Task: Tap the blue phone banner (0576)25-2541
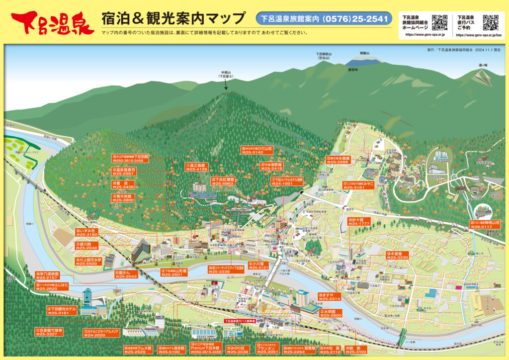[324, 19]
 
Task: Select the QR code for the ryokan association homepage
[440, 22]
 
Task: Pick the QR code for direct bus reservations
[491, 22]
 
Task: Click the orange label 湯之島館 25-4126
[196, 167]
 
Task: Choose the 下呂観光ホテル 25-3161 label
[62, 311]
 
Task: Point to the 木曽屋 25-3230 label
[397, 255]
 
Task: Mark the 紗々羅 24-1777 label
[360, 221]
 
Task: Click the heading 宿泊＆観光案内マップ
[173, 19]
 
